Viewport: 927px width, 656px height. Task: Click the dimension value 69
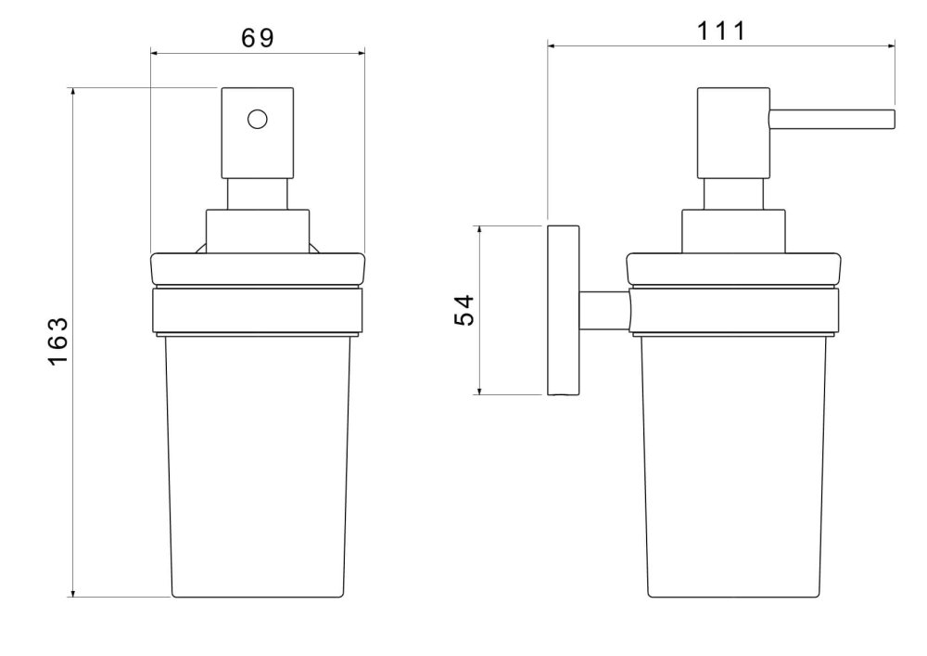click(x=258, y=38)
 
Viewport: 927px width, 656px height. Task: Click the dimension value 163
click(x=58, y=341)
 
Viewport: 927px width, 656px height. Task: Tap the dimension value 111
click(x=720, y=31)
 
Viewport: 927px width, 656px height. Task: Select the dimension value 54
click(x=464, y=310)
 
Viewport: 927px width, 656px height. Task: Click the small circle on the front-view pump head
click(x=257, y=120)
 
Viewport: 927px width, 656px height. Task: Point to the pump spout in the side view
click(x=832, y=119)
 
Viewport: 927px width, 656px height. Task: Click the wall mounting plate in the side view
click(x=563, y=310)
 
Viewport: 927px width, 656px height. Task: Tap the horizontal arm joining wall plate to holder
click(x=604, y=310)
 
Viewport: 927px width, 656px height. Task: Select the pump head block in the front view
click(x=257, y=133)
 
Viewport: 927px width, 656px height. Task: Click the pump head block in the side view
click(x=733, y=133)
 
